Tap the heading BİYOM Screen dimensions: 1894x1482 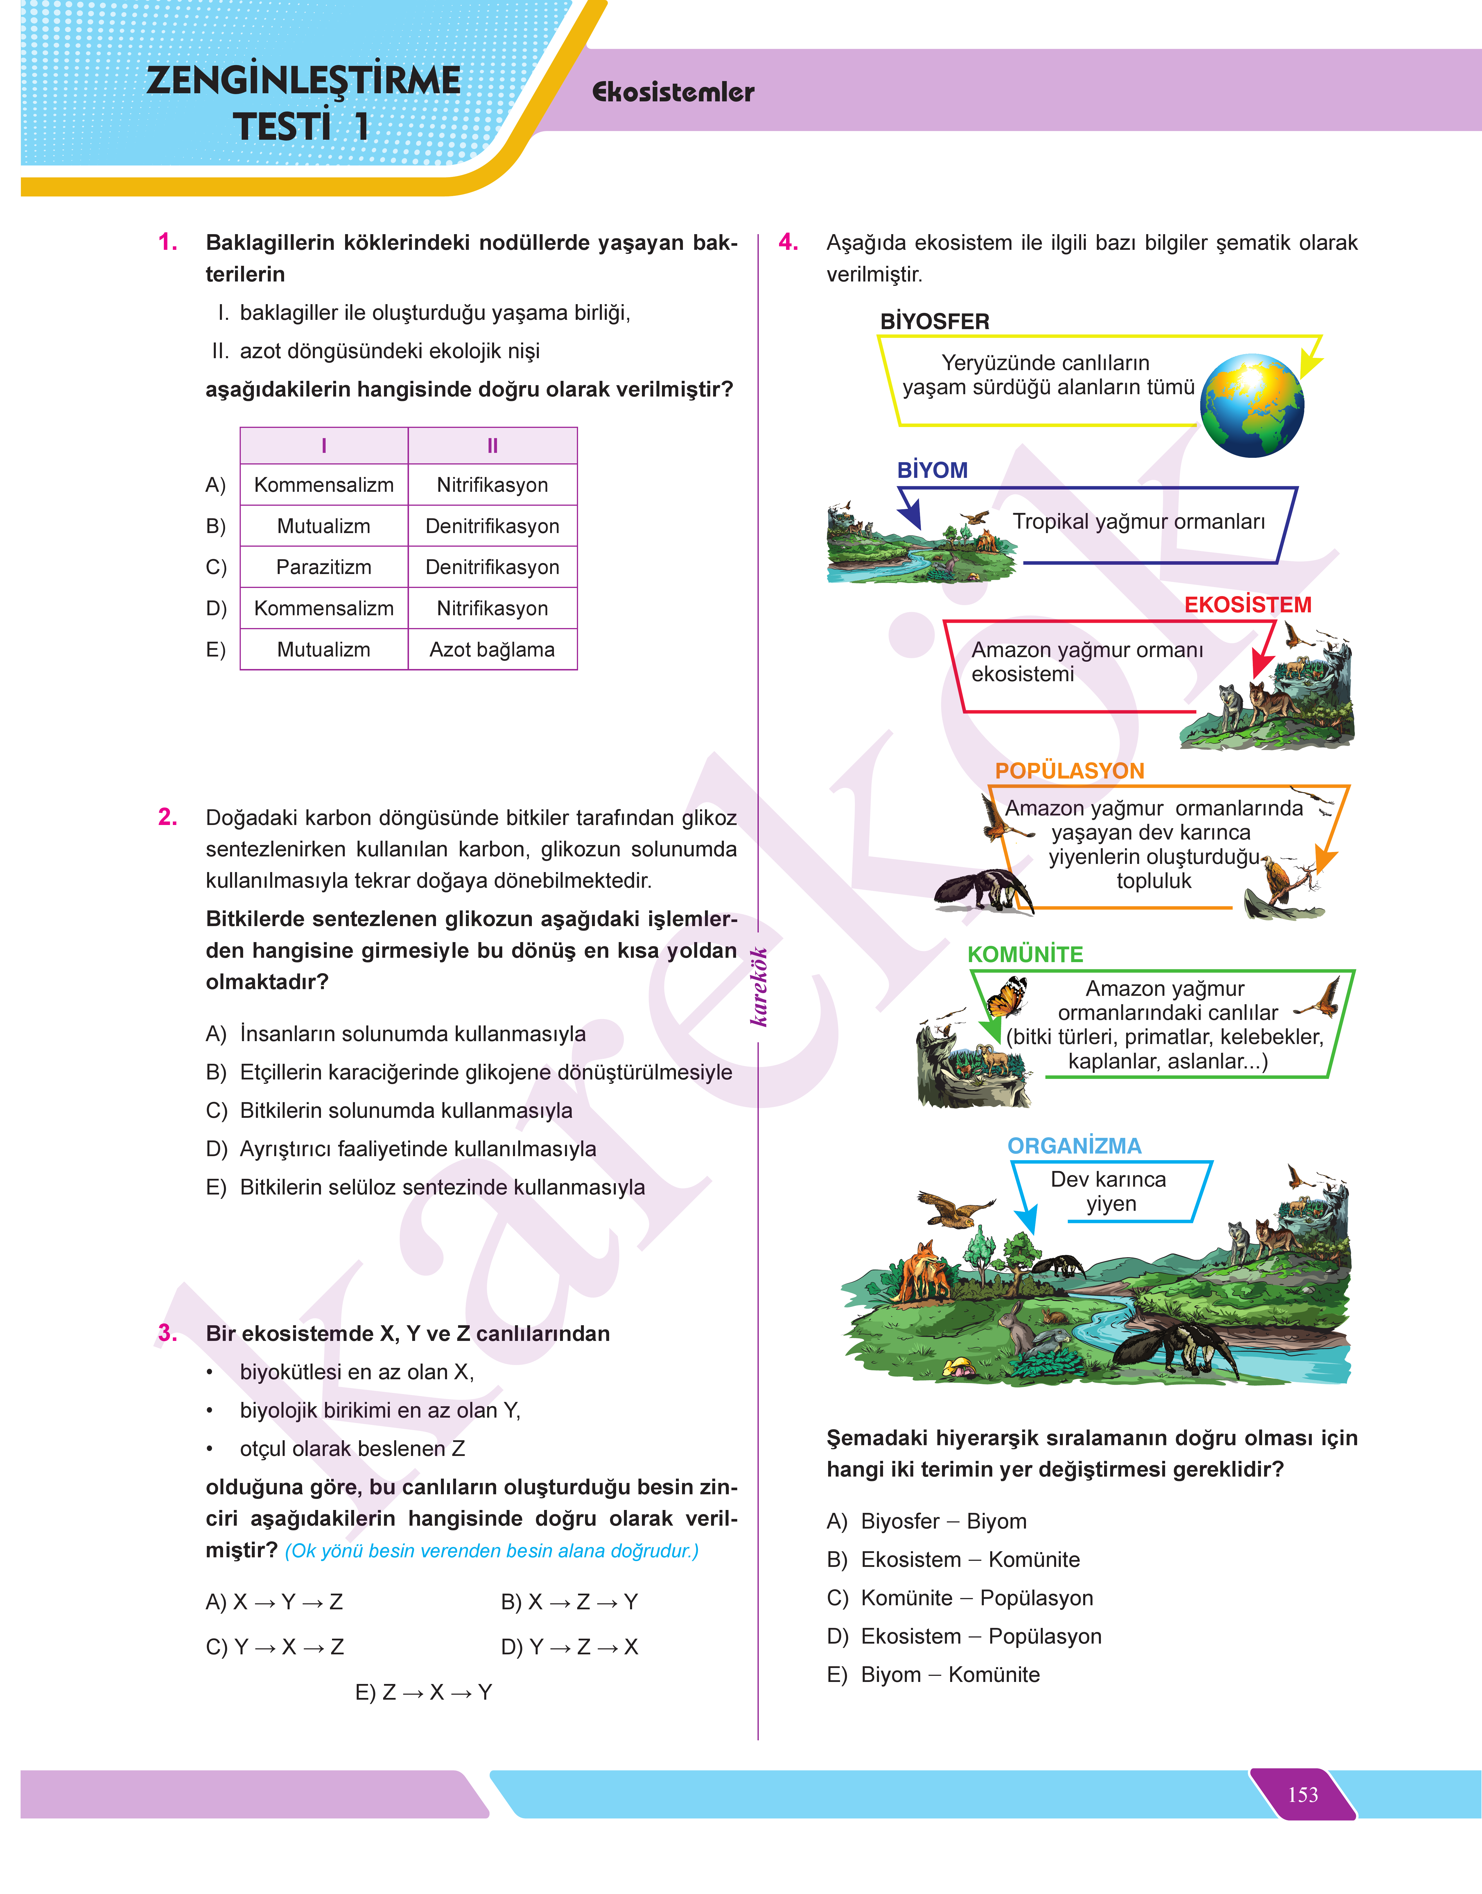click(x=932, y=470)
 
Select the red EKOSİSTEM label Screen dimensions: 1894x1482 click(x=1247, y=605)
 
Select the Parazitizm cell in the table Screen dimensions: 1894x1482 click(x=324, y=567)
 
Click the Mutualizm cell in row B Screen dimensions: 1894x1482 click(x=324, y=526)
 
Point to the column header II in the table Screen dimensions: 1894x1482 click(x=492, y=446)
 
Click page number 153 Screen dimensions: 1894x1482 click(x=1302, y=1794)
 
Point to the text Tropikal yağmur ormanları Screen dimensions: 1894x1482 click(x=1138, y=521)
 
